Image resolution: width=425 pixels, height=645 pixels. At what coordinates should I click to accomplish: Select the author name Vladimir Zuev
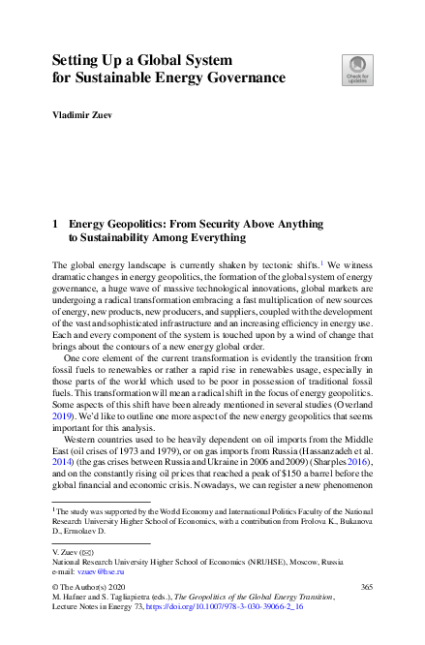(85, 115)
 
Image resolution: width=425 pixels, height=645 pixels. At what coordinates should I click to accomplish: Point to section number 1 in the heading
(54, 223)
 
